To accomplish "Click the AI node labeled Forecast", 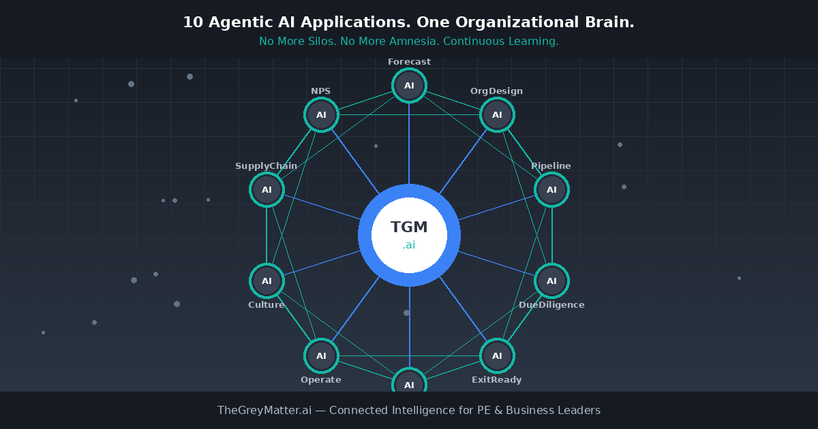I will (x=409, y=86).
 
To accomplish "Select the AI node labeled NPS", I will (x=321, y=114).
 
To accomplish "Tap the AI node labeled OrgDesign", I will (x=497, y=114).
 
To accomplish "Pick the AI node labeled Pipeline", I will (x=551, y=189).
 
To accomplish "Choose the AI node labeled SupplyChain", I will (x=267, y=189).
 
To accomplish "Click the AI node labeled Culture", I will (x=267, y=281).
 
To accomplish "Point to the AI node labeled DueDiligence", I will (x=551, y=281).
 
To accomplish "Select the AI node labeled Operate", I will (x=321, y=355).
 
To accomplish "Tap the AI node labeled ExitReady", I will (x=497, y=355).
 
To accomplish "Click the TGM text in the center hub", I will (x=409, y=227).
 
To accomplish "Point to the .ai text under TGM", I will (x=409, y=245).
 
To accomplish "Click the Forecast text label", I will (x=409, y=62).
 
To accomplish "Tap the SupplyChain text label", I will (x=266, y=166).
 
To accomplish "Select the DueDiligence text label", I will (x=551, y=305).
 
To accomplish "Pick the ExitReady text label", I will (x=496, y=380).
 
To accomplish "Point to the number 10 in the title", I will (x=193, y=22).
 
